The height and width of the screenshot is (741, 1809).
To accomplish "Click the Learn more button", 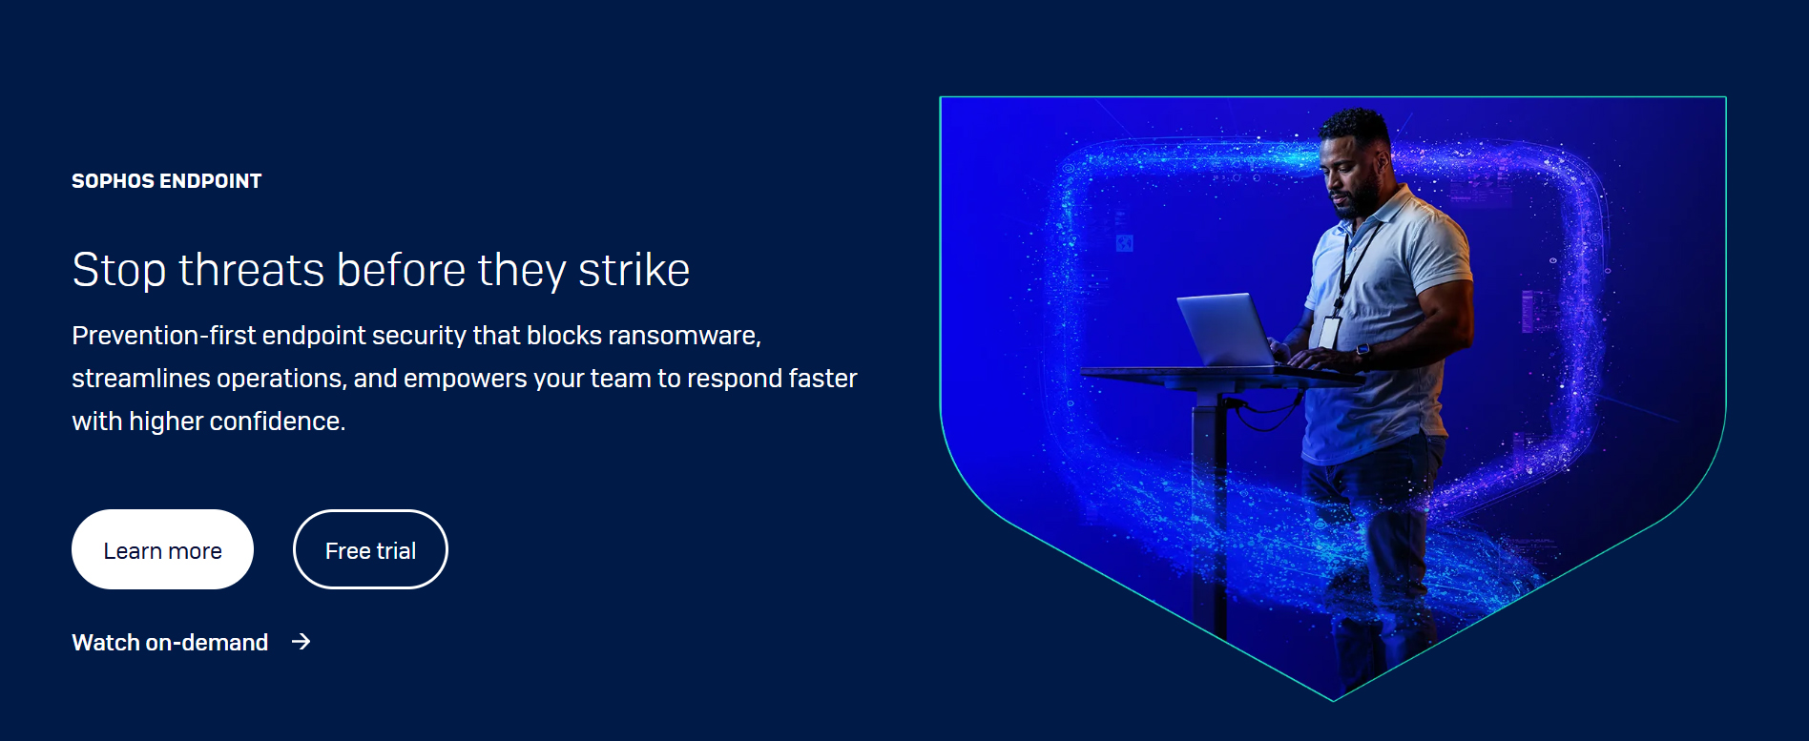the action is click(162, 549).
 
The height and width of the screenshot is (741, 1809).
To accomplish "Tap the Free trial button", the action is click(370, 549).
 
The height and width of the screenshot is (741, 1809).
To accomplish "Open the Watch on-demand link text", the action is click(170, 643).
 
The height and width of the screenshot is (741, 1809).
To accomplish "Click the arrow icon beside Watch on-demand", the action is click(301, 642).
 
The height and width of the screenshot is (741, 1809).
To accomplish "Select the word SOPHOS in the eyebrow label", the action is click(112, 181).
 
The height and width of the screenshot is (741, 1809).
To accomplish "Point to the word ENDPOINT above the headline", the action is click(210, 181).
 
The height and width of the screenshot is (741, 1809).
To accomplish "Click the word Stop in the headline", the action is click(119, 271).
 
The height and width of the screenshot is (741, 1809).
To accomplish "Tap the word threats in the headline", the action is click(252, 270).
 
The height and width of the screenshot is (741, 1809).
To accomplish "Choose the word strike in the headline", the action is click(634, 270).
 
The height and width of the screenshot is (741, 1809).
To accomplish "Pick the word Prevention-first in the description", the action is click(163, 336).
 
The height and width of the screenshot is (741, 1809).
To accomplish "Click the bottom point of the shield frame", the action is click(1333, 701).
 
